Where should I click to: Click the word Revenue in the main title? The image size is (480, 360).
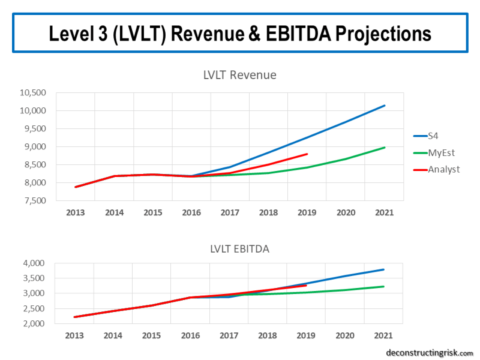(219, 33)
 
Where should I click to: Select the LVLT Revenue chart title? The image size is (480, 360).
(239, 75)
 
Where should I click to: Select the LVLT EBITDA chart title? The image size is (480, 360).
(239, 248)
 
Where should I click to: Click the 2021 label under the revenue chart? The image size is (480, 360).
(384, 212)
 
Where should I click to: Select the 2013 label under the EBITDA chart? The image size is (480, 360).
(74, 335)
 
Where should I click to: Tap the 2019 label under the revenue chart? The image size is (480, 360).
(307, 212)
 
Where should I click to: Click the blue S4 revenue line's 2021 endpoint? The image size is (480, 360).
(384, 106)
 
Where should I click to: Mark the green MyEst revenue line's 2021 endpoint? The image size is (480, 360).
(384, 148)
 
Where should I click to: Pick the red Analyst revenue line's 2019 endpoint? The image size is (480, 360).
(307, 154)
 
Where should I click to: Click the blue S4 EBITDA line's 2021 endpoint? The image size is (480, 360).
(384, 269)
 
